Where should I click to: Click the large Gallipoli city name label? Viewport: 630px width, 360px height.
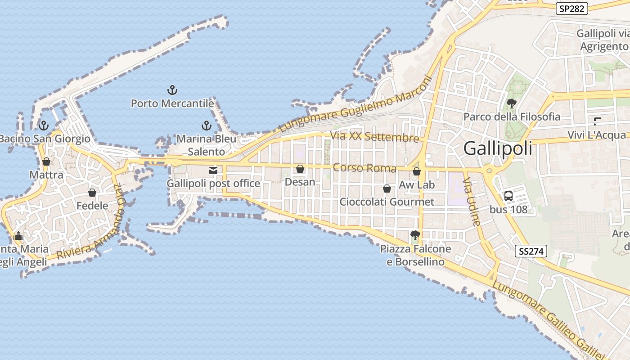(498, 148)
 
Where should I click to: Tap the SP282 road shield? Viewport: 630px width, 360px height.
(571, 9)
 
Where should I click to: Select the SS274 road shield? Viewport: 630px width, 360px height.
(531, 251)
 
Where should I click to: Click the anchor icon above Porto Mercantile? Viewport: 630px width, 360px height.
(172, 90)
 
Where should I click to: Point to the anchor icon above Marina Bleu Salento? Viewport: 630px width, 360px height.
(206, 126)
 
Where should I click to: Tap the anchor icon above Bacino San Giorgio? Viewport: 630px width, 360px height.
(44, 126)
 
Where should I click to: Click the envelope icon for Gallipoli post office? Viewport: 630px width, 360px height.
(213, 171)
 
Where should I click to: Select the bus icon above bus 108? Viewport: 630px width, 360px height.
(508, 196)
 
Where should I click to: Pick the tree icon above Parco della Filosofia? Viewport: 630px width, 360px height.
(511, 103)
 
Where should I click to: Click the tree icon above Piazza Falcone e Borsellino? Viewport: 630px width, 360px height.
(415, 235)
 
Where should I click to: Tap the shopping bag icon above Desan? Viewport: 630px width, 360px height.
(300, 169)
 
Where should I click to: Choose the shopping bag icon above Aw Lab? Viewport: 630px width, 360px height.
(417, 171)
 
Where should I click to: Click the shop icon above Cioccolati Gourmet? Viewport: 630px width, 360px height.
(387, 189)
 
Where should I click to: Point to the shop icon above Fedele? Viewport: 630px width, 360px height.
(92, 193)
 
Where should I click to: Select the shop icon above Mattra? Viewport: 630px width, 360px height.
(46, 162)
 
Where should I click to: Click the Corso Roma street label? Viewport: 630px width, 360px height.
(364, 168)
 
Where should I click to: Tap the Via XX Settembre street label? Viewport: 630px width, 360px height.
(374, 137)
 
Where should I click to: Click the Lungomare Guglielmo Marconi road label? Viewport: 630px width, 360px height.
(355, 104)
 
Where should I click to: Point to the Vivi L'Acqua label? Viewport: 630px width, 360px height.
(596, 135)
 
